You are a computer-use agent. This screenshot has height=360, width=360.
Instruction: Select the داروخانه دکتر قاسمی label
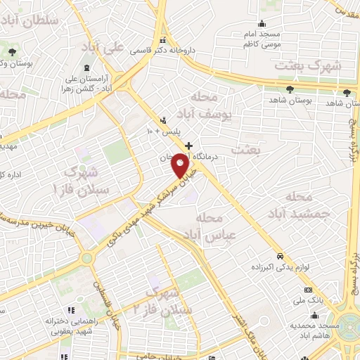click(x=164, y=51)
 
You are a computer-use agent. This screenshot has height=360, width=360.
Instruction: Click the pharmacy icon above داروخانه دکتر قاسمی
click(x=163, y=39)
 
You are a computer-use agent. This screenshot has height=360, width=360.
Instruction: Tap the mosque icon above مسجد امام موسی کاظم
click(x=262, y=22)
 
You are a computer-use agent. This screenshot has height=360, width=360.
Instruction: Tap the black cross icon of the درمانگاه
click(x=188, y=146)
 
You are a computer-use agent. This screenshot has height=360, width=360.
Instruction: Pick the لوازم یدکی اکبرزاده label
click(x=280, y=268)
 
